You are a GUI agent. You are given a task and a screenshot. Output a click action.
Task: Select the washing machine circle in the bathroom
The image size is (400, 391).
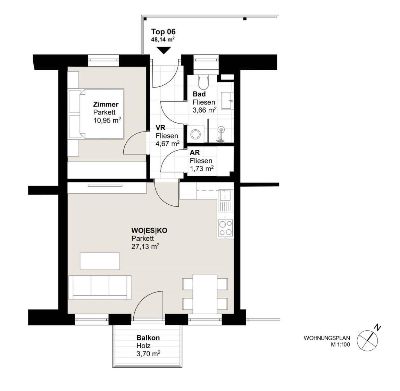[196, 134]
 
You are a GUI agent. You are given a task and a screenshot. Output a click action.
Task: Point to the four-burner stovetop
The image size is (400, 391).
[225, 228]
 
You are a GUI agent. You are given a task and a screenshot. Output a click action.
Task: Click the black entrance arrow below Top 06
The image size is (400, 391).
[163, 50]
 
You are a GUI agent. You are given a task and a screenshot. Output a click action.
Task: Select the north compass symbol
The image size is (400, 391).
[368, 339]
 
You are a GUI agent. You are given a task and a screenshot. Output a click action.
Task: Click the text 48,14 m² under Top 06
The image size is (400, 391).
[163, 39]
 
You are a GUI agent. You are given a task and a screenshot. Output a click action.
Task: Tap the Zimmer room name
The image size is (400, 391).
[106, 104]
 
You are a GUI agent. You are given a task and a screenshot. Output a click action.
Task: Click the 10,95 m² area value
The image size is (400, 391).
[107, 120]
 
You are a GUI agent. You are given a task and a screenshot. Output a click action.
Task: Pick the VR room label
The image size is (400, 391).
[160, 128]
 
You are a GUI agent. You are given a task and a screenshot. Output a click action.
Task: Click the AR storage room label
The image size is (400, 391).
[195, 152]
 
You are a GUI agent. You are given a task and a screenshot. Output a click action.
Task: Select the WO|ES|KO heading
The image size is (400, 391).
[149, 230]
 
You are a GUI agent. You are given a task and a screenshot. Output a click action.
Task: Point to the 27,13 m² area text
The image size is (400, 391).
[145, 246]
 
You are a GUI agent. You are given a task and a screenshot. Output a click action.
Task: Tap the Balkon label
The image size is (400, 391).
[148, 338]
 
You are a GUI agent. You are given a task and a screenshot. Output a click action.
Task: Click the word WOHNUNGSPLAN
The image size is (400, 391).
[327, 338]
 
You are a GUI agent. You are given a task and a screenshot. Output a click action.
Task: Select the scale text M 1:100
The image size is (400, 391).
[340, 345]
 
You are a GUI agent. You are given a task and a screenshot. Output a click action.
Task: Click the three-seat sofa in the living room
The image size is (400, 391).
[100, 288]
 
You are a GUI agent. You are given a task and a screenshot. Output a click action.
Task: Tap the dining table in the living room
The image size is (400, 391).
[205, 294]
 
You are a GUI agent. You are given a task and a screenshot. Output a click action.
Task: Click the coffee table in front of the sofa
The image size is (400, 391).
[100, 261]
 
